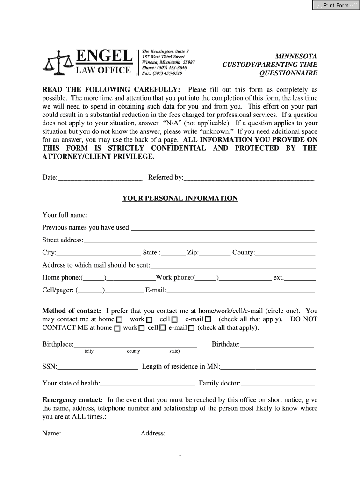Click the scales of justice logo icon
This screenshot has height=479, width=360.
pos(58,63)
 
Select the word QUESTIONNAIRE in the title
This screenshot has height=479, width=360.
pos(288,73)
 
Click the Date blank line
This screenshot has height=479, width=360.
pos(100,178)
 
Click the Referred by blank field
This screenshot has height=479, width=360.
pos(249,178)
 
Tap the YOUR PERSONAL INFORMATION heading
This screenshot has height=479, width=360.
pos(180,198)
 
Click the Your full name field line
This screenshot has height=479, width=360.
pos(202,215)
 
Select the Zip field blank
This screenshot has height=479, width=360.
pos(215,253)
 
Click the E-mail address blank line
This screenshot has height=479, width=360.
pos(241,290)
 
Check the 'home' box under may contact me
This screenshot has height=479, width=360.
pos(119,319)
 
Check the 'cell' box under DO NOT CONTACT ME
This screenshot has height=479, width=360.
pos(163,328)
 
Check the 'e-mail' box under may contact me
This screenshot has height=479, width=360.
pos(208,319)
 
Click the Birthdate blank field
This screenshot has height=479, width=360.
pos(277,345)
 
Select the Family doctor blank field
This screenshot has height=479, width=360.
pos(278,384)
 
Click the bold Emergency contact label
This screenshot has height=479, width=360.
pos(72,400)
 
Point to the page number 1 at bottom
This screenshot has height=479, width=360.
pos(180,453)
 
